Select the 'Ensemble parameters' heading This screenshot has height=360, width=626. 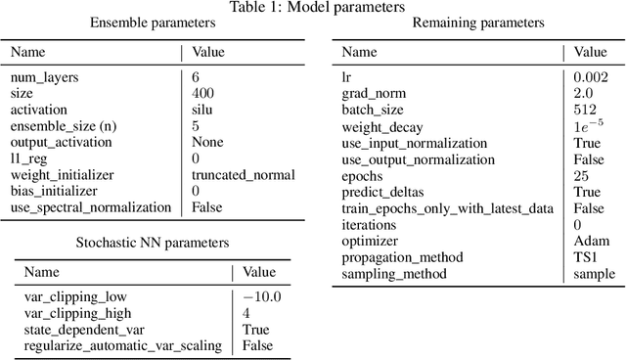[x=154, y=23]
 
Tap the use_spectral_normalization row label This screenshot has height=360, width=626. [x=91, y=207]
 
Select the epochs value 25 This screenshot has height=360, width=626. [x=582, y=174]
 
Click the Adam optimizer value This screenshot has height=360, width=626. [x=589, y=240]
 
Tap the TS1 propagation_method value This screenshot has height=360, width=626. [x=586, y=256]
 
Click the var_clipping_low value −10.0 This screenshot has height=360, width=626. [x=262, y=296]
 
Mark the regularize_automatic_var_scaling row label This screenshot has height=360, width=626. [x=123, y=345]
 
